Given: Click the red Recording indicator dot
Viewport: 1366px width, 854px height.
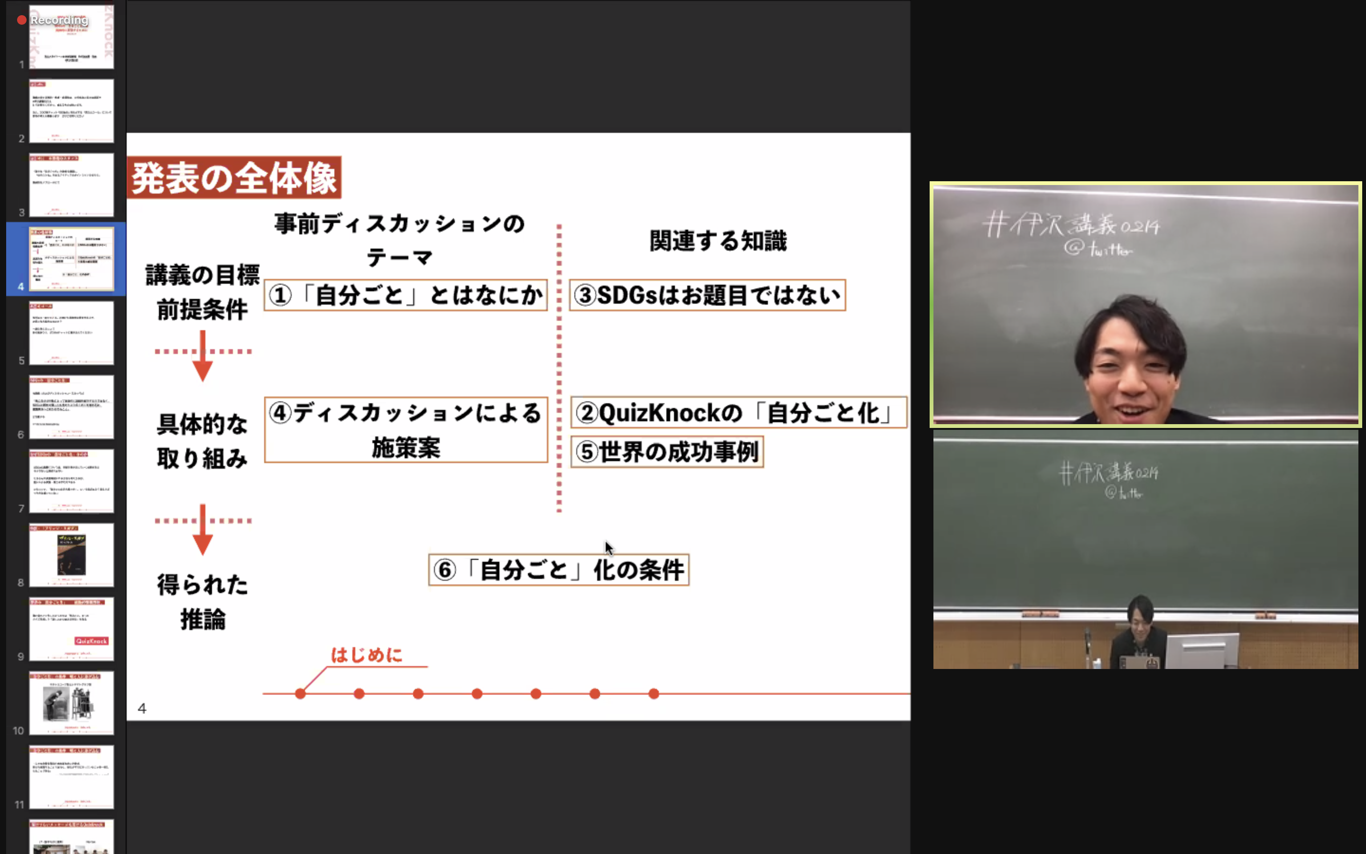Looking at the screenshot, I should [21, 20].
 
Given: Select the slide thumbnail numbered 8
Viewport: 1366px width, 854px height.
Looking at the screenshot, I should [71, 555].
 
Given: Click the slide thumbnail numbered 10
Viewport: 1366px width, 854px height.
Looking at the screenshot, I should [71, 703].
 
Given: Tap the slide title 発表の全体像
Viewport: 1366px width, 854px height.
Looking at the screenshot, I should [234, 178].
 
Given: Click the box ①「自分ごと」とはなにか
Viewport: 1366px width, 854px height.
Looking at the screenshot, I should [405, 295].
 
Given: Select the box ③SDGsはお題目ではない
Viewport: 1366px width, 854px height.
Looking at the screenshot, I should [707, 295].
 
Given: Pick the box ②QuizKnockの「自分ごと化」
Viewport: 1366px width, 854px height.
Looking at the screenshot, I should [738, 413].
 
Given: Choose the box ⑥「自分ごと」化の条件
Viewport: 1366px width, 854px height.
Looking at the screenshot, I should [558, 570].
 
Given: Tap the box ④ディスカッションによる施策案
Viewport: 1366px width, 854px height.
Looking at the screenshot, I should [405, 430].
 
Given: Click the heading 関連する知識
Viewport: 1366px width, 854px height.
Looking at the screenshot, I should [718, 241].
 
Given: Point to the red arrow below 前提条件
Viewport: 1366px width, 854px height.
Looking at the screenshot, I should [203, 356].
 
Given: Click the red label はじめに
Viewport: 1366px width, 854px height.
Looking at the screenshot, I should [366, 655].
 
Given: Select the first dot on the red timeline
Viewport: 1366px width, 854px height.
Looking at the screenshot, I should [300, 694].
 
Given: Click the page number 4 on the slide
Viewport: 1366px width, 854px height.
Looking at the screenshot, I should [142, 708].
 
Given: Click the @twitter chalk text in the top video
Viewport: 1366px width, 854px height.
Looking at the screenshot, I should [1098, 249].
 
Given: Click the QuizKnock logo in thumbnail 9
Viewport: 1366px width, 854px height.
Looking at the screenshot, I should [92, 641].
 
